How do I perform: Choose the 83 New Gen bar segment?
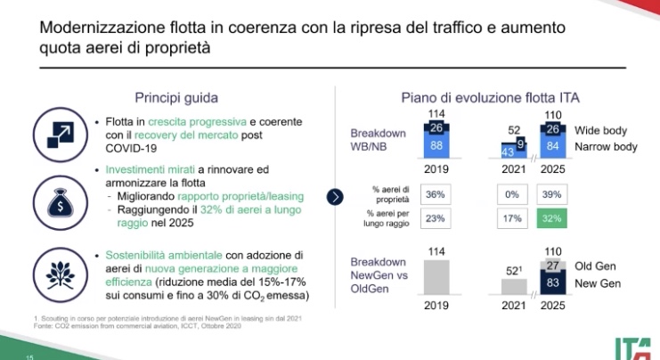click(552, 284)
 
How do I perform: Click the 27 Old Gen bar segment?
click(552, 266)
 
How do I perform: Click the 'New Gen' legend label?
click(599, 284)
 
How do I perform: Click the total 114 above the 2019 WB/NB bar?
click(436, 113)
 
